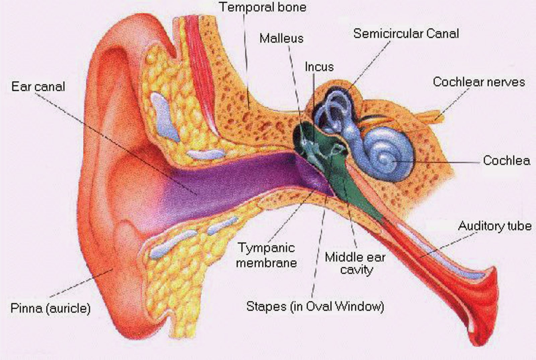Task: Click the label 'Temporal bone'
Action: (x=263, y=7)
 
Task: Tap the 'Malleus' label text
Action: (x=281, y=38)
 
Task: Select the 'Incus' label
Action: (x=319, y=67)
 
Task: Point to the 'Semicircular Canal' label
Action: (x=406, y=34)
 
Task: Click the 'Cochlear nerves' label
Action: (x=478, y=82)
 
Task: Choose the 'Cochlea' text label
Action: (x=506, y=161)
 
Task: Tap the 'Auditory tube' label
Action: (x=494, y=226)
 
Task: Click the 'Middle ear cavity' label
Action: (x=355, y=263)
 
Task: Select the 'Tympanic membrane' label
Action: (x=266, y=255)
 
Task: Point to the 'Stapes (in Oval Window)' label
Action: (x=315, y=306)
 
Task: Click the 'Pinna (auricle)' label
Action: (x=50, y=308)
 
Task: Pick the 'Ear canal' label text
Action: (x=38, y=86)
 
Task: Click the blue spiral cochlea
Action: (x=389, y=154)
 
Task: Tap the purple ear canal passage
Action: (x=234, y=181)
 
